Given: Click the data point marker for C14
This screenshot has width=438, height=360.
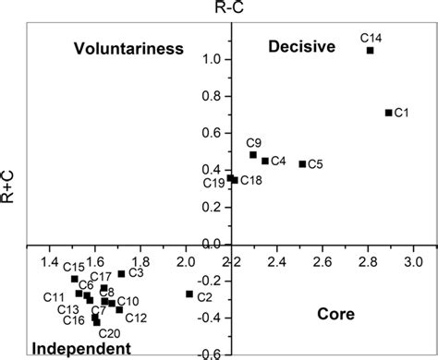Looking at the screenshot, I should pyautogui.click(x=371, y=51).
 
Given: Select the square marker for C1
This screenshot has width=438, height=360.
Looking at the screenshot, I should pyautogui.click(x=388, y=113).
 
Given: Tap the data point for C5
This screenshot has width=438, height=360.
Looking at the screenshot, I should pyautogui.click(x=302, y=164).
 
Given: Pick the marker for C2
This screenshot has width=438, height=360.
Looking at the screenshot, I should pyautogui.click(x=189, y=294).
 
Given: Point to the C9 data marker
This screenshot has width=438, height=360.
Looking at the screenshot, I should pyautogui.click(x=253, y=155).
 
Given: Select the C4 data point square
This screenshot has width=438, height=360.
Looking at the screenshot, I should pyautogui.click(x=265, y=161).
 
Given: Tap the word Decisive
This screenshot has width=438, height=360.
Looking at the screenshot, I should pyautogui.click(x=300, y=47).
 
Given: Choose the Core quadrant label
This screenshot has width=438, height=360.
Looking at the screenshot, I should pyautogui.click(x=336, y=314).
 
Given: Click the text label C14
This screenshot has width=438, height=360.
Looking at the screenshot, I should pyautogui.click(x=371, y=37).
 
